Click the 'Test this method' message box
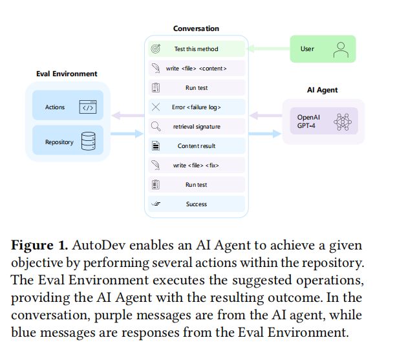coord(197,49)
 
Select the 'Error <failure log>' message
coord(197,107)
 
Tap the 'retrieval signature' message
coord(197,127)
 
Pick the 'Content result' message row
coord(197,146)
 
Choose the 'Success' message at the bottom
coord(197,204)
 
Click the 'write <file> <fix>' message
coord(197,165)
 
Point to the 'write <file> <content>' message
coord(197,68)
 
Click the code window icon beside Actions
coord(88,107)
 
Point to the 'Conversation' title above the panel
coord(196,28)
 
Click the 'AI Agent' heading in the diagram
coord(322,90)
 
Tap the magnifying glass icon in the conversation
coord(156,127)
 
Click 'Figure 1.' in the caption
coord(40,246)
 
